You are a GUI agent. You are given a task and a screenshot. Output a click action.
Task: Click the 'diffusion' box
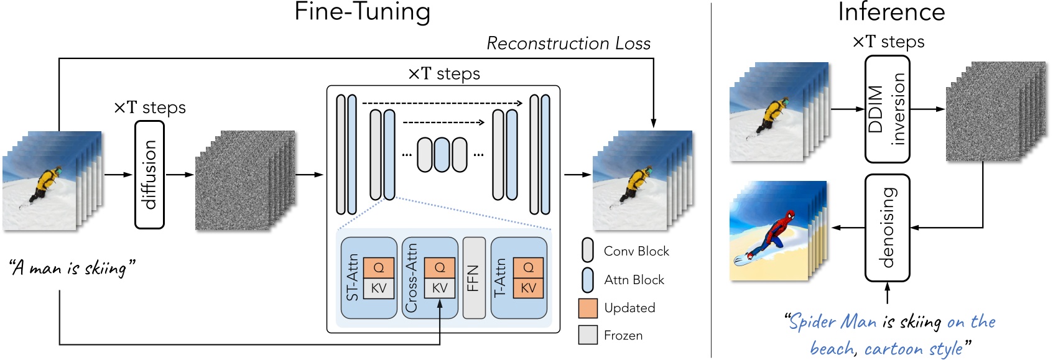(149, 175)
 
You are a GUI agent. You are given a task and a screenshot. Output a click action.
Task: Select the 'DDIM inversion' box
(887, 109)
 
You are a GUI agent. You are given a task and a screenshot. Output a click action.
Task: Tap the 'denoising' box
(887, 228)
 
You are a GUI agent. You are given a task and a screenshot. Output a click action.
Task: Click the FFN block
(474, 277)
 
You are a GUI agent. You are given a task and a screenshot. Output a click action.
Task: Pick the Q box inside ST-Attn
(378, 268)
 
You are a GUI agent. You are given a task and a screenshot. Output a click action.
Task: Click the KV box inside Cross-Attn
(440, 288)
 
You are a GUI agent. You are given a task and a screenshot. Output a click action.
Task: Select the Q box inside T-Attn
(528, 268)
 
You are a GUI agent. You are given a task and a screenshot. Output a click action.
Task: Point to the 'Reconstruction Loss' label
(568, 44)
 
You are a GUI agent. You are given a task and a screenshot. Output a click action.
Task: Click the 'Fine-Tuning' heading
(362, 12)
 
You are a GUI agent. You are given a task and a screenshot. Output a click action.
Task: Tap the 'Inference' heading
(891, 12)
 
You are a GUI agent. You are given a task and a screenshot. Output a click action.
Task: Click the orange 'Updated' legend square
(588, 308)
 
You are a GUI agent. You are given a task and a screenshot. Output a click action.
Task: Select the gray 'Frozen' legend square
(588, 335)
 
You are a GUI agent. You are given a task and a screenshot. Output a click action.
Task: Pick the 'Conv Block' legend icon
(588, 250)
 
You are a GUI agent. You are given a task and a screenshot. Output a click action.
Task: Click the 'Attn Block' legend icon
(588, 280)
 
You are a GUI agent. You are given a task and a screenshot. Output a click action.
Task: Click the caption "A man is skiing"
(73, 268)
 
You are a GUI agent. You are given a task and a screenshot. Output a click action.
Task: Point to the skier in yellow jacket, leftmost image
(45, 184)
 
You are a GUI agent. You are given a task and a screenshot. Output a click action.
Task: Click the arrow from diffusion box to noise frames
(180, 175)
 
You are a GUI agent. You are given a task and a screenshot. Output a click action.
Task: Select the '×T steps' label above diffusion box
(150, 108)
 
